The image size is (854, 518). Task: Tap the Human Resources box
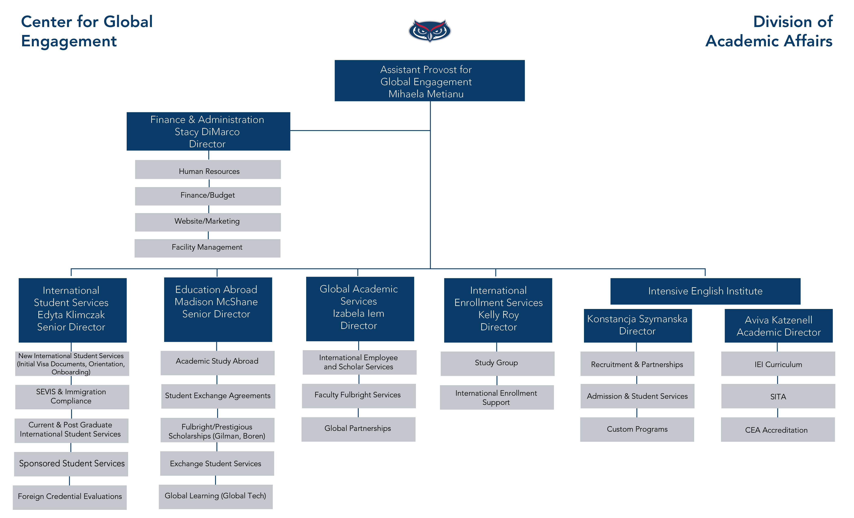[208, 170]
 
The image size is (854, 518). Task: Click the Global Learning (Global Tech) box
[216, 496]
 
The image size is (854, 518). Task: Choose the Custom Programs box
[637, 429]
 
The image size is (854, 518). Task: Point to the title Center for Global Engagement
[87, 31]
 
